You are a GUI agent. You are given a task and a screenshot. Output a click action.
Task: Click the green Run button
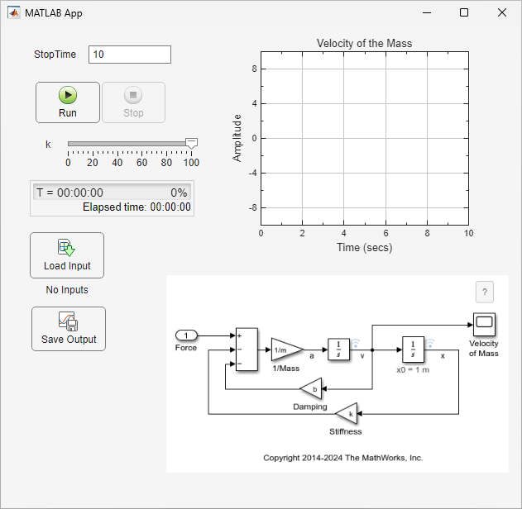[68, 102]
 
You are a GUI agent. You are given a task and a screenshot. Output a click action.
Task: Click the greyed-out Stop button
[133, 102]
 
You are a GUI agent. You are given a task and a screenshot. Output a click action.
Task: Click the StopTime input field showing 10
[129, 55]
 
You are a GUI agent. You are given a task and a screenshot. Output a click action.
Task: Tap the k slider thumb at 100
[191, 144]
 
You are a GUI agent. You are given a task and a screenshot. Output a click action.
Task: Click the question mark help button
[485, 292]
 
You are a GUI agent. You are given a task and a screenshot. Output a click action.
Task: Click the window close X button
[502, 12]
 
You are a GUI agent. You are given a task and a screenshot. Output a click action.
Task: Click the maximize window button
[464, 12]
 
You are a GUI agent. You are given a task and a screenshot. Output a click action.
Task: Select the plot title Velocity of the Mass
[364, 43]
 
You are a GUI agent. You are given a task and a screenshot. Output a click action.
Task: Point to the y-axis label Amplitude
[237, 137]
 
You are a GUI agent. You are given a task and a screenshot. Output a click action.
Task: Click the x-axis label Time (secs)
[364, 247]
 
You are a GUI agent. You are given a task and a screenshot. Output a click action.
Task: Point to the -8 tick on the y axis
[253, 208]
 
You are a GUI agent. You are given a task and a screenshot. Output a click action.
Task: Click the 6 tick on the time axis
[386, 234]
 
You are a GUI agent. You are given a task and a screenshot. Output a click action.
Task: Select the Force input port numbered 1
[187, 335]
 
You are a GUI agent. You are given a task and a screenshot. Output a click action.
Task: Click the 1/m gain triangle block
[285, 350]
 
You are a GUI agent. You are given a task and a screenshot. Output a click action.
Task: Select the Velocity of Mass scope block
[483, 324]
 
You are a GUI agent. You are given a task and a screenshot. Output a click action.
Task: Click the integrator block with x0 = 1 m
[413, 350]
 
